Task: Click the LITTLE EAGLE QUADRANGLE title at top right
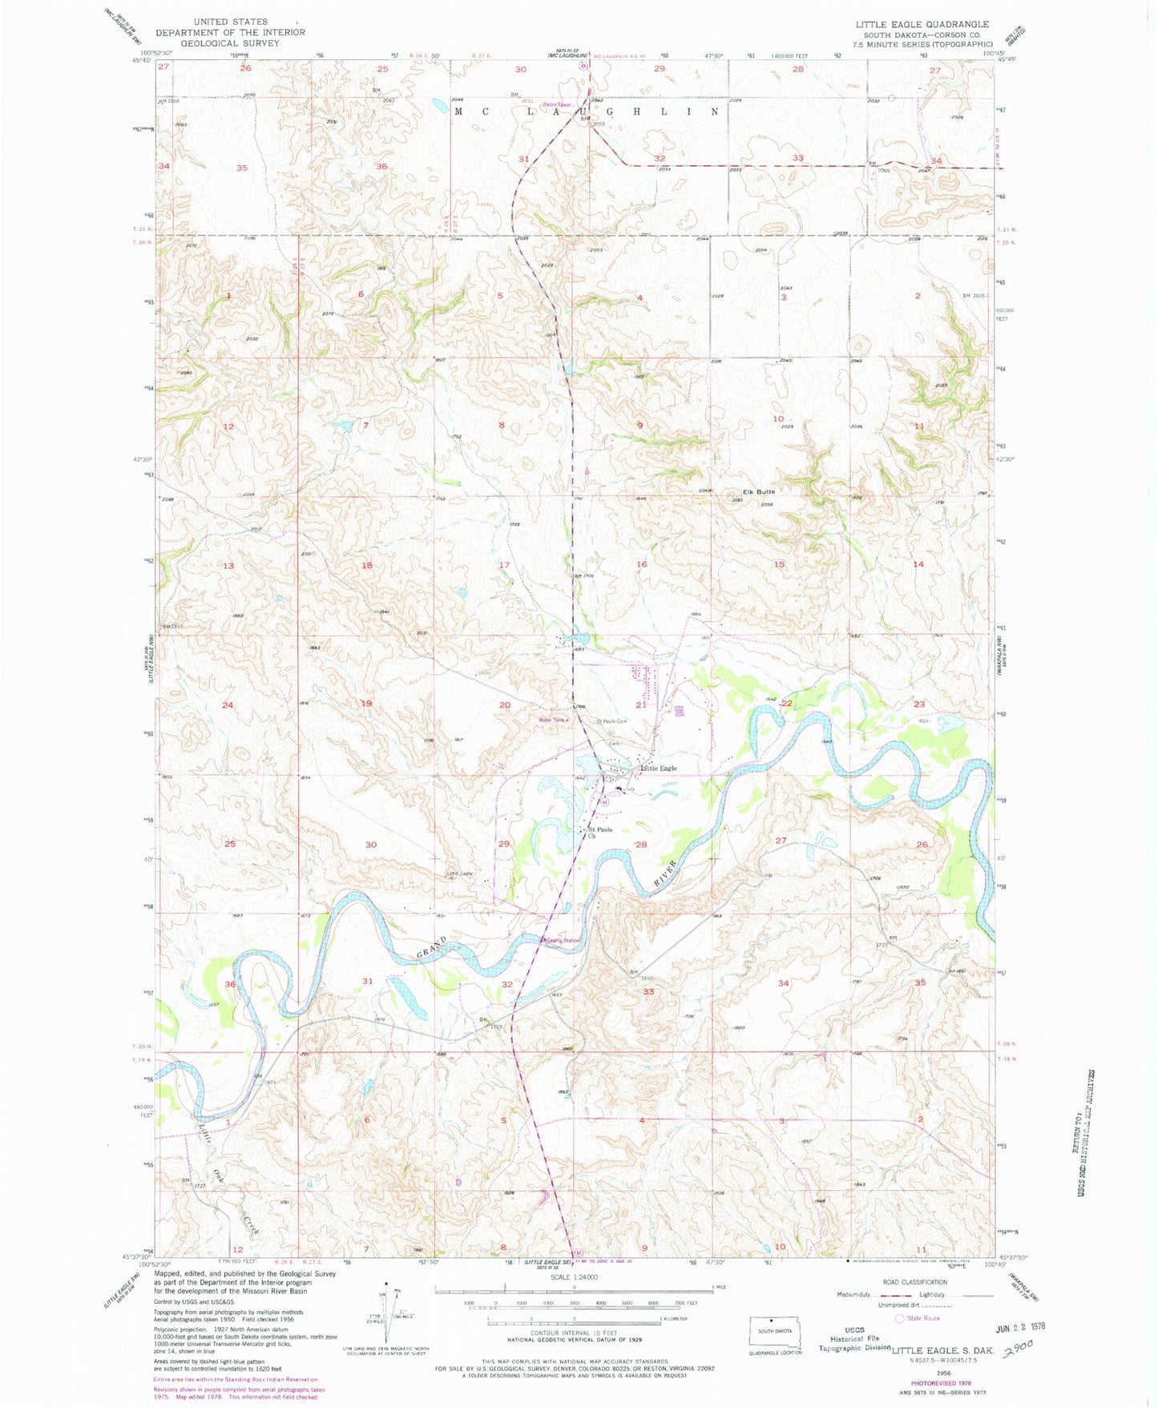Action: (922, 25)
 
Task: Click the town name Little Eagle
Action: (658, 768)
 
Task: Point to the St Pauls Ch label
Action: (600, 832)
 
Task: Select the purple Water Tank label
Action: (553, 720)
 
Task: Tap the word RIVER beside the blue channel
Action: (666, 872)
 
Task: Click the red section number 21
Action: (640, 704)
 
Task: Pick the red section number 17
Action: (504, 565)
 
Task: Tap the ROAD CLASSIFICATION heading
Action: (914, 1282)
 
